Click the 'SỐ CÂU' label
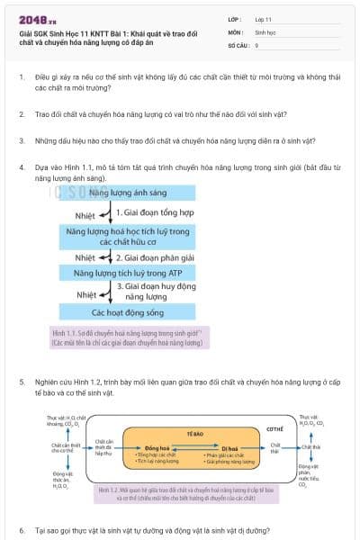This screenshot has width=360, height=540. point(237,44)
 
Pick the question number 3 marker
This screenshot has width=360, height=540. point(22,140)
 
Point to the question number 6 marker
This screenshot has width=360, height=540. point(22,530)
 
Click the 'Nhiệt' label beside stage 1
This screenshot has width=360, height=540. point(85,215)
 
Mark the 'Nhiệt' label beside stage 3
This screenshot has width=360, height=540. point(86,293)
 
